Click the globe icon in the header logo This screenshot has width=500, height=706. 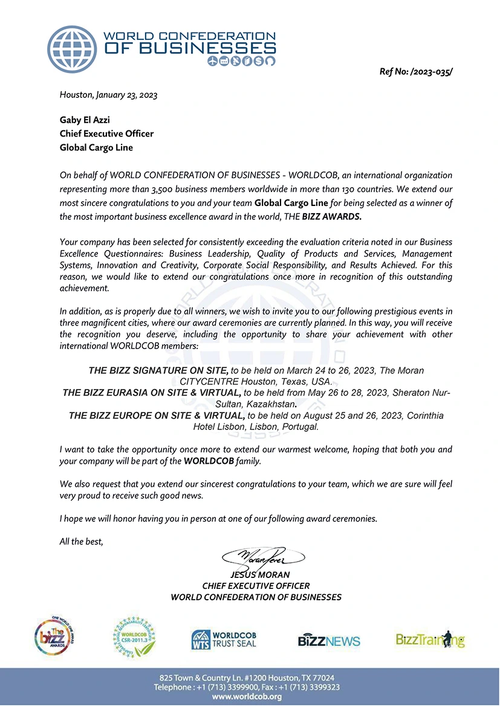click(73, 49)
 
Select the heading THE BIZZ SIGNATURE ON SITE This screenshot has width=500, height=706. click(158, 370)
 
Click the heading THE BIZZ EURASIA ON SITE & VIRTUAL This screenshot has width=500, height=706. click(152, 393)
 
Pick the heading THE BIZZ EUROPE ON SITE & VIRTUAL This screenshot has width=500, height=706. click(157, 416)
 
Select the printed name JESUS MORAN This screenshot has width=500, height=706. click(256, 575)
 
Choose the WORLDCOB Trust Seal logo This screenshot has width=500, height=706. click(224, 639)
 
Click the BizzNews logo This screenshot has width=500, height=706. click(329, 641)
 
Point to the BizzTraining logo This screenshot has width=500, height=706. click(430, 639)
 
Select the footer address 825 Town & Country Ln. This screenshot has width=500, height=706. click(247, 678)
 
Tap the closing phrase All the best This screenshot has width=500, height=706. click(82, 541)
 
